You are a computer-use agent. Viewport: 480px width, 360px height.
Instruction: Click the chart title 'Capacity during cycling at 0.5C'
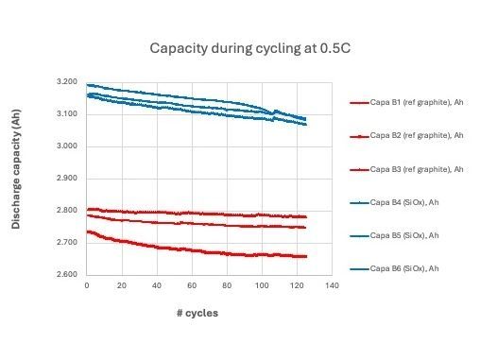pyautogui.click(x=241, y=48)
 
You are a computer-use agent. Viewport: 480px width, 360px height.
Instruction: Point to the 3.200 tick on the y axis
pyautogui.click(x=66, y=82)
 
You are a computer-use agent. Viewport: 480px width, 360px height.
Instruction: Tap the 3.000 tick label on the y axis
pyautogui.click(x=66, y=146)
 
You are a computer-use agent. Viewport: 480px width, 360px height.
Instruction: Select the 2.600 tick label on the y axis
pyautogui.click(x=66, y=275)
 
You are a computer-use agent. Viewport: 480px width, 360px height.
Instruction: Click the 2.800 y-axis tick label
pyautogui.click(x=66, y=211)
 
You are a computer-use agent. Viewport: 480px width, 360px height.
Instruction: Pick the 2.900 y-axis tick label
pyautogui.click(x=66, y=179)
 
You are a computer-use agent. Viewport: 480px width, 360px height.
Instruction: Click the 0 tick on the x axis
pyautogui.click(x=86, y=285)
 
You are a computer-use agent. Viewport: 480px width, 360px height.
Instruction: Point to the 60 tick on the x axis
pyautogui.click(x=191, y=285)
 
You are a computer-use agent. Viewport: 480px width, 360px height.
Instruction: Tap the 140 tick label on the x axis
pyautogui.click(x=331, y=285)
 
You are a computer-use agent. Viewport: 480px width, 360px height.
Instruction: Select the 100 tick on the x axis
pyautogui.click(x=261, y=285)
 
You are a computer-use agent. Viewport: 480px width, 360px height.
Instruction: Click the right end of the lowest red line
pyautogui.click(x=306, y=256)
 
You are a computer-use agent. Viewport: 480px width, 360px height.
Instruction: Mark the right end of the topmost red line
pyautogui.click(x=306, y=216)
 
